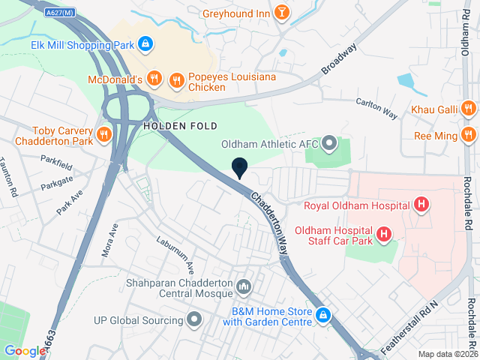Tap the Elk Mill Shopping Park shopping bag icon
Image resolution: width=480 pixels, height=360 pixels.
tap(147, 44)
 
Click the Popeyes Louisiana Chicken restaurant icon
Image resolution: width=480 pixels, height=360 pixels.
tap(177, 79)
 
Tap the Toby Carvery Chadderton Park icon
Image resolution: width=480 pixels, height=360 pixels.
tap(104, 135)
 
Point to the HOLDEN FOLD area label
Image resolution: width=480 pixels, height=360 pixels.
tap(180, 125)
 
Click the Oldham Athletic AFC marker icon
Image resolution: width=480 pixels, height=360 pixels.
tap(329, 142)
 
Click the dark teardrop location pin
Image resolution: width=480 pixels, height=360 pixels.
tap(239, 168)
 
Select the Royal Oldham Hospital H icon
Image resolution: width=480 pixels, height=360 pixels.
tap(421, 204)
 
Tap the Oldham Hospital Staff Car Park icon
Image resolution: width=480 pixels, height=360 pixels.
tap(385, 235)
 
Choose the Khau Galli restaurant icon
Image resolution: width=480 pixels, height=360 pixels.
tap(468, 109)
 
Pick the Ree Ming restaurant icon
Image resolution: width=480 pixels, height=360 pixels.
tap(469, 135)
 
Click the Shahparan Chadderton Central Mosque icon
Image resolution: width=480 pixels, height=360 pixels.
tap(244, 286)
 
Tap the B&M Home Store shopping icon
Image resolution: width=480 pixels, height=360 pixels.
tap(323, 316)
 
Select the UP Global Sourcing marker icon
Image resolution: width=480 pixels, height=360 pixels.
tap(195, 320)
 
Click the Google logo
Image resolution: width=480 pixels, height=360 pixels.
tap(25, 350)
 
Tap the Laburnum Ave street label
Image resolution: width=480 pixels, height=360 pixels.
tap(175, 255)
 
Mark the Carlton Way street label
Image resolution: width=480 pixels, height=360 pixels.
tap(376, 109)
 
